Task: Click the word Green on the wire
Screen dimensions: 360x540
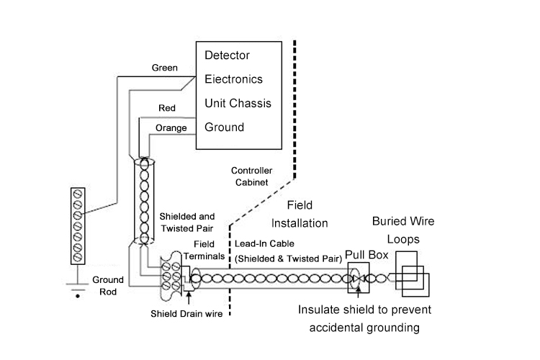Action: coord(165,68)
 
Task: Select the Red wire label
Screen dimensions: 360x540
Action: coord(167,108)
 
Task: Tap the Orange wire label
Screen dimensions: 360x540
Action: coord(171,128)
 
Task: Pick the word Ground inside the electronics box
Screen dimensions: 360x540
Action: coord(224,127)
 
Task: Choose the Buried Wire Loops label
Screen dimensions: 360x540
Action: coord(402,229)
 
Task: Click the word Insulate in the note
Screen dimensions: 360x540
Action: coord(321,310)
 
